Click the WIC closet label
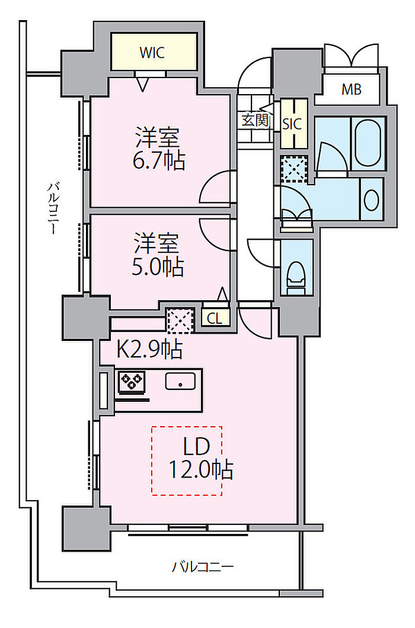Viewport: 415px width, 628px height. [152, 53]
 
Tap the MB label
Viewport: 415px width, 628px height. [352, 89]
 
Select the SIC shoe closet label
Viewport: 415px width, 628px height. [292, 124]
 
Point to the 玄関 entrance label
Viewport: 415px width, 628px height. [256, 120]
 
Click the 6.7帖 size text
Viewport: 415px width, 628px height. [159, 161]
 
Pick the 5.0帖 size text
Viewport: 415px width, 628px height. [158, 267]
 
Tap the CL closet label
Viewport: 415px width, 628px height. [215, 319]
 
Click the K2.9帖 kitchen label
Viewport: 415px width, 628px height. [150, 349]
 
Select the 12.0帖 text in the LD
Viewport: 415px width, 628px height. [200, 470]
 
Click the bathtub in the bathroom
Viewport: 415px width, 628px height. [368, 143]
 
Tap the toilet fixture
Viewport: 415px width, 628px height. [296, 277]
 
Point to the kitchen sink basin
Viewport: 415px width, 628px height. [181, 381]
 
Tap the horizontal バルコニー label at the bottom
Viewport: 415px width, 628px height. [203, 566]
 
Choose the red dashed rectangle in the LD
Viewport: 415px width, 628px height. [187, 461]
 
